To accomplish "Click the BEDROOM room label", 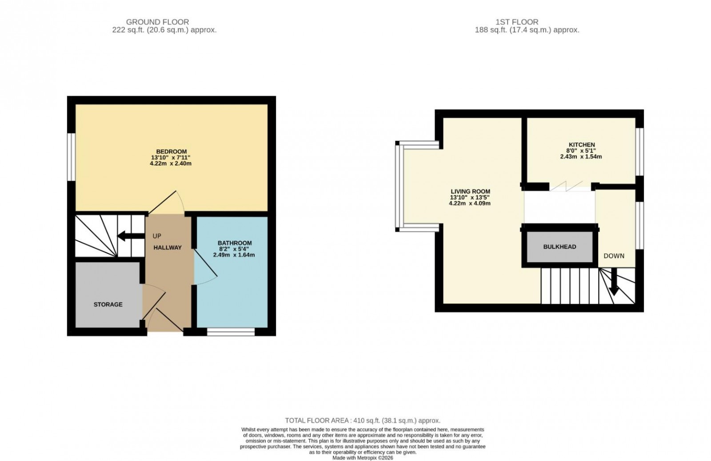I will (x=171, y=151).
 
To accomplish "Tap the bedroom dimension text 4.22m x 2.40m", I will (x=171, y=163).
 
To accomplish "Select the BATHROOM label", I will (x=234, y=243).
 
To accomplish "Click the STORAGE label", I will (x=108, y=305).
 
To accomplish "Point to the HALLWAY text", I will (x=168, y=247).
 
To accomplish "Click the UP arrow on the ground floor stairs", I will (x=128, y=236).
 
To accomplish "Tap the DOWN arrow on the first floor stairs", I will (x=614, y=283).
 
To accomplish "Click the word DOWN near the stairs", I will (x=614, y=256).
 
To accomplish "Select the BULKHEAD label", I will (x=559, y=246).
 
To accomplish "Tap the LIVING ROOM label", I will (x=470, y=191).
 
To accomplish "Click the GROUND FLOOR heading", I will (x=157, y=22).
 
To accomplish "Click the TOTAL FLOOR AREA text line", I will (x=362, y=420).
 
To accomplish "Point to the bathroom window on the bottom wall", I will (x=231, y=331).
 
